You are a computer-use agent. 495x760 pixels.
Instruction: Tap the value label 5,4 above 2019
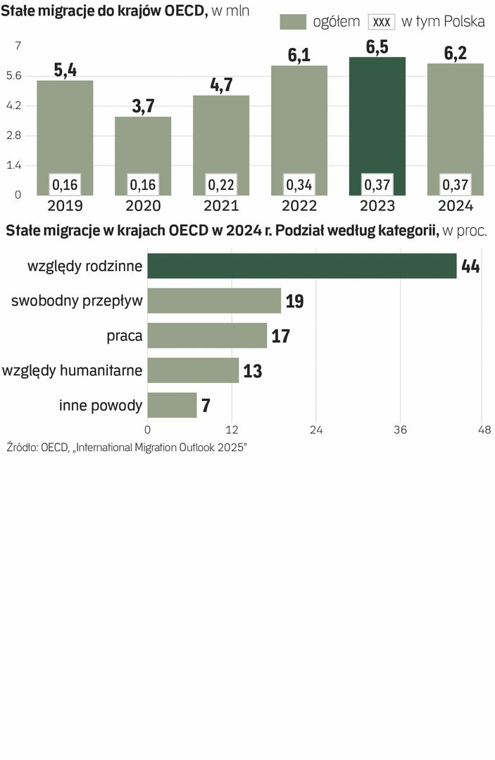65,70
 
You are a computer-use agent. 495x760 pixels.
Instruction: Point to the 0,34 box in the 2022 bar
299,184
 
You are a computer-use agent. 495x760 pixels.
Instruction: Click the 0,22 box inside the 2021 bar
221,184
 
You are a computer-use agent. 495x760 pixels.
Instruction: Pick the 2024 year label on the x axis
456,206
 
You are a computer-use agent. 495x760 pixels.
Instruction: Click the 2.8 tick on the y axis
15,135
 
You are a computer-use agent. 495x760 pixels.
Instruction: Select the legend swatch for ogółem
293,22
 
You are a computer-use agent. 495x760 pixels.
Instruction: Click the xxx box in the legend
381,22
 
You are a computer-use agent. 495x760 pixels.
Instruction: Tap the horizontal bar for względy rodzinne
302,266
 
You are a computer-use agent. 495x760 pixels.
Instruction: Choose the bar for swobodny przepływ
214,300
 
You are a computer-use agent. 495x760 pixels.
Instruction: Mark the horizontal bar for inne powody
172,405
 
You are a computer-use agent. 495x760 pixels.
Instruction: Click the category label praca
125,336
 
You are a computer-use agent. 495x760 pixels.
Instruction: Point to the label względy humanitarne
73,370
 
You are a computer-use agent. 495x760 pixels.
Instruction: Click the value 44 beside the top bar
470,267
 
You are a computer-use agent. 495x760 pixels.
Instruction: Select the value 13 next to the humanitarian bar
252,371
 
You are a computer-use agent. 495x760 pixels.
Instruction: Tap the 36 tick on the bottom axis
401,429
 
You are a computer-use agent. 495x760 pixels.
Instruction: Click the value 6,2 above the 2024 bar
456,53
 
